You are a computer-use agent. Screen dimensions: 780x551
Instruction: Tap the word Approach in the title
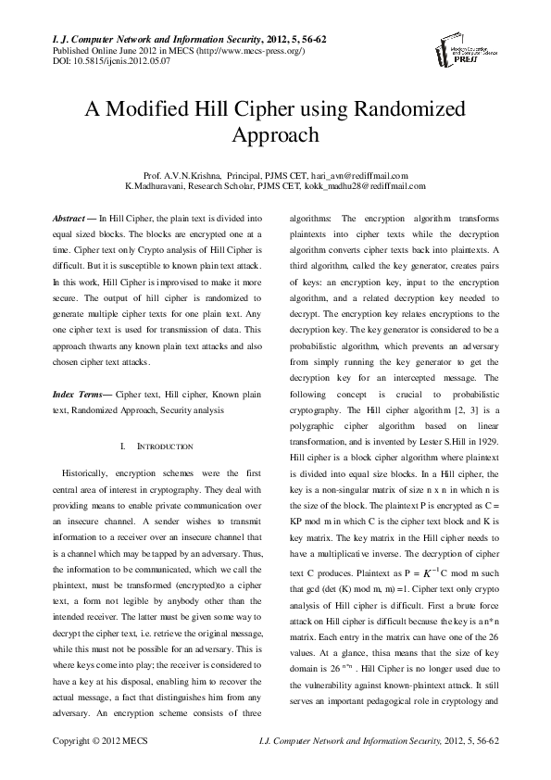click(x=275, y=135)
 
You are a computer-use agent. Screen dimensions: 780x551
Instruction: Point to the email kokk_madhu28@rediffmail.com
click(x=363, y=186)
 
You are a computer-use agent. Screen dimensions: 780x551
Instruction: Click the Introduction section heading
click(x=163, y=447)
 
